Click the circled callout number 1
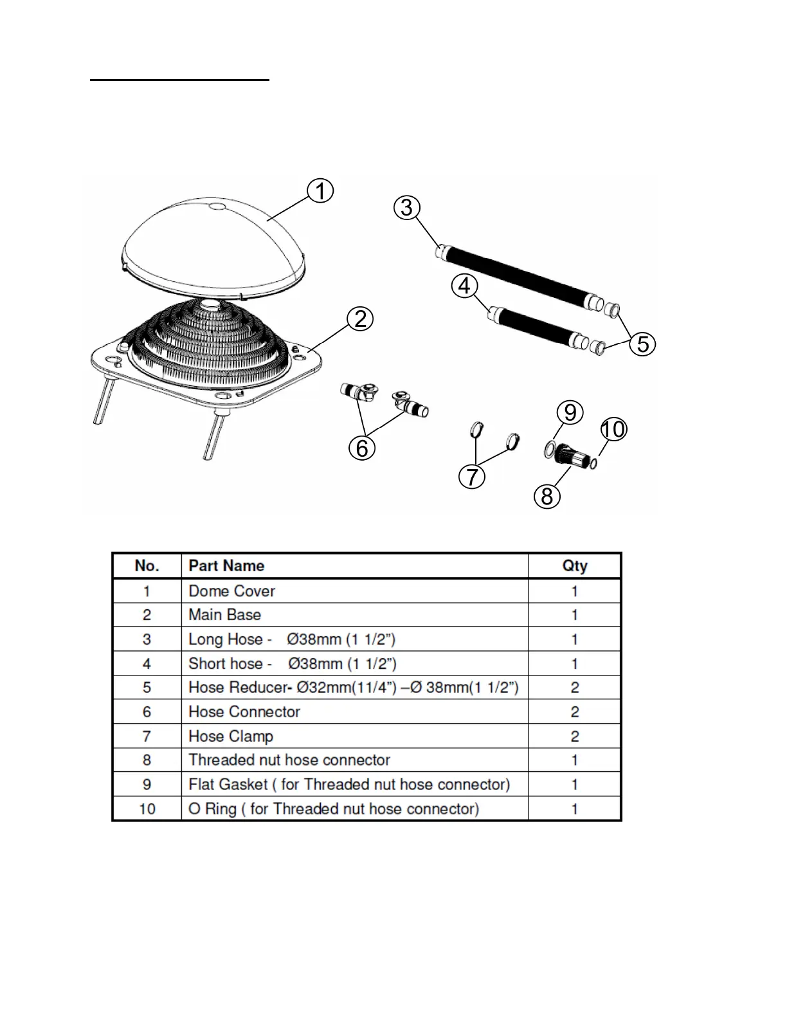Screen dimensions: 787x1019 [320, 191]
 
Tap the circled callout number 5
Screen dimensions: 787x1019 [643, 344]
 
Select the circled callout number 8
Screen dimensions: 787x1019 [547, 496]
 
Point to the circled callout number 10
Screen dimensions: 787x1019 [614, 429]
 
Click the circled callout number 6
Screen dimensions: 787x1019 [362, 448]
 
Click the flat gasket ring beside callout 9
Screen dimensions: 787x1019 [550, 450]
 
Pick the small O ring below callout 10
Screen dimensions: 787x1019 [593, 462]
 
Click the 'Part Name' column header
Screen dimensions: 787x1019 [226, 565]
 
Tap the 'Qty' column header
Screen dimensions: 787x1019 [574, 565]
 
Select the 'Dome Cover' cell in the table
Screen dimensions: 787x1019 [231, 591]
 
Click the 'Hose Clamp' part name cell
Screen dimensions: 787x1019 [231, 736]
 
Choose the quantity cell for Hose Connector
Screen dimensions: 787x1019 [574, 711]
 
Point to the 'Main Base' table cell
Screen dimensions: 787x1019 [224, 614]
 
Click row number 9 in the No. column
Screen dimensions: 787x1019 [147, 784]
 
